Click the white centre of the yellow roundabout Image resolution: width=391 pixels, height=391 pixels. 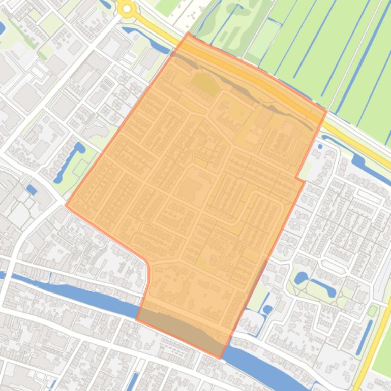127,8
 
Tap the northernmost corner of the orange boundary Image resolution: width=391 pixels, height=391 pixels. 188,34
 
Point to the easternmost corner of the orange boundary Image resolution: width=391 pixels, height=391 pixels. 326,111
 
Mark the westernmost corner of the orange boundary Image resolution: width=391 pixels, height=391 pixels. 66,205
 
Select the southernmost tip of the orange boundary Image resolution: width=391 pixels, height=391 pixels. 221,358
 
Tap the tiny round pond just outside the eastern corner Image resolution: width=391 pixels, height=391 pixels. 320,147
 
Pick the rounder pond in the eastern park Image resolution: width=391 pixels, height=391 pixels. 300,278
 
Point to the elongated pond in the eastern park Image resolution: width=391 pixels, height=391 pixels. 325,289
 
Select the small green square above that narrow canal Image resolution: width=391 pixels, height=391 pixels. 373,310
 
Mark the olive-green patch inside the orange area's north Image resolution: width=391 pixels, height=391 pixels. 204,84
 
